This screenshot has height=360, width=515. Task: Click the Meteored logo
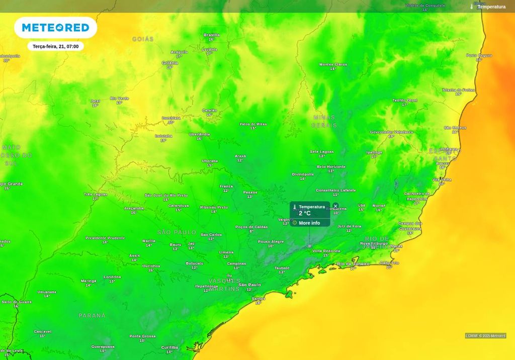[x=55, y=28]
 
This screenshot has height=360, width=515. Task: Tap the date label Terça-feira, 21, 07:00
[x=55, y=46]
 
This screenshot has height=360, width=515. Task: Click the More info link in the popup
[x=309, y=223]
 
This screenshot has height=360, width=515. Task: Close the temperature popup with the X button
[x=335, y=206]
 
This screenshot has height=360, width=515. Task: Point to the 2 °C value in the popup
[x=305, y=213]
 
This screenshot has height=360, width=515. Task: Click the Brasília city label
[x=211, y=35]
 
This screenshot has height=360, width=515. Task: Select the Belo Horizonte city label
[x=331, y=166]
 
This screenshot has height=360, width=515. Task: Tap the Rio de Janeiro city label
[x=353, y=263]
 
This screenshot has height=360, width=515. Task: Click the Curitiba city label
[x=169, y=347]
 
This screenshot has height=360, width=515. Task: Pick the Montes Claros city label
[x=333, y=64]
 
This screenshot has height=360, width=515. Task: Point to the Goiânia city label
[x=170, y=63]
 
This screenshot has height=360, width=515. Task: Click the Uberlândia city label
[x=200, y=134]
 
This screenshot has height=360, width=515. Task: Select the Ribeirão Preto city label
[x=214, y=207]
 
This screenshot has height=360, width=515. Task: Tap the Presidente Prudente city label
[x=105, y=238]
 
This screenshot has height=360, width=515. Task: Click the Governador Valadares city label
[x=391, y=132]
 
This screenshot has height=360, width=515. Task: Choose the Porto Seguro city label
[x=479, y=55]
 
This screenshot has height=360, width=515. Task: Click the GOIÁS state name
[x=143, y=39]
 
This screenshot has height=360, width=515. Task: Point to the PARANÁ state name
[x=92, y=315]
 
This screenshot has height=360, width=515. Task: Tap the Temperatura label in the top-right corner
[x=491, y=7]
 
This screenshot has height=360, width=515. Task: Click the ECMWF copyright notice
[x=485, y=336]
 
